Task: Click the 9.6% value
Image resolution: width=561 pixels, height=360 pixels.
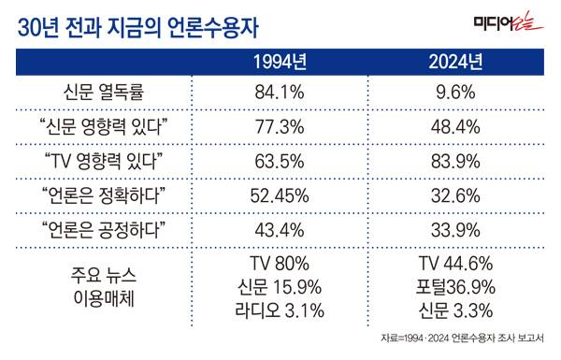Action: pyautogui.click(x=457, y=94)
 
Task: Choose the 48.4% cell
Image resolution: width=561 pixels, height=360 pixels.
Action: pyautogui.click(x=457, y=127)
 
